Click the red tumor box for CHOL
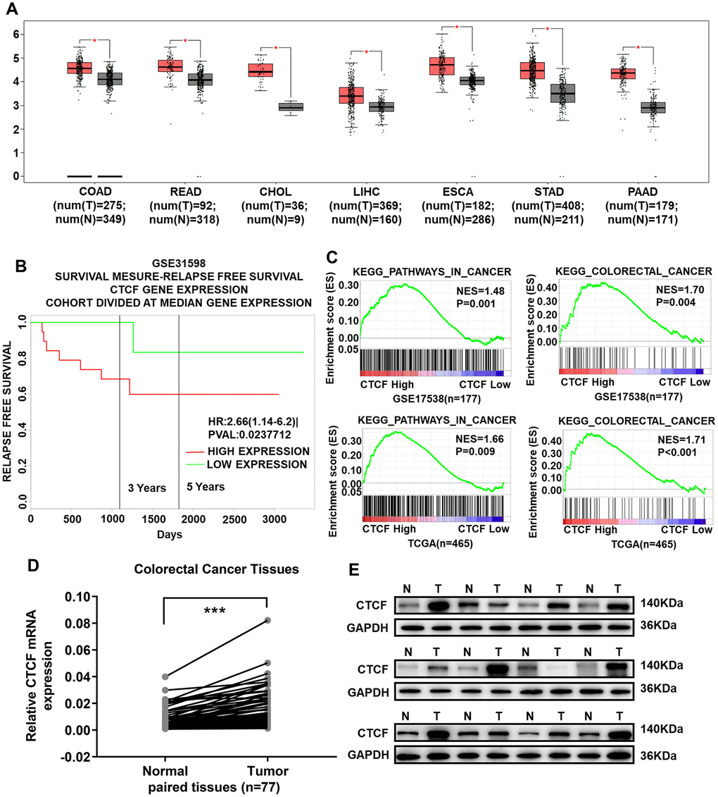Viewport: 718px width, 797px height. tap(261, 70)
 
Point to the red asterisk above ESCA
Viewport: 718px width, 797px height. tap(457, 27)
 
